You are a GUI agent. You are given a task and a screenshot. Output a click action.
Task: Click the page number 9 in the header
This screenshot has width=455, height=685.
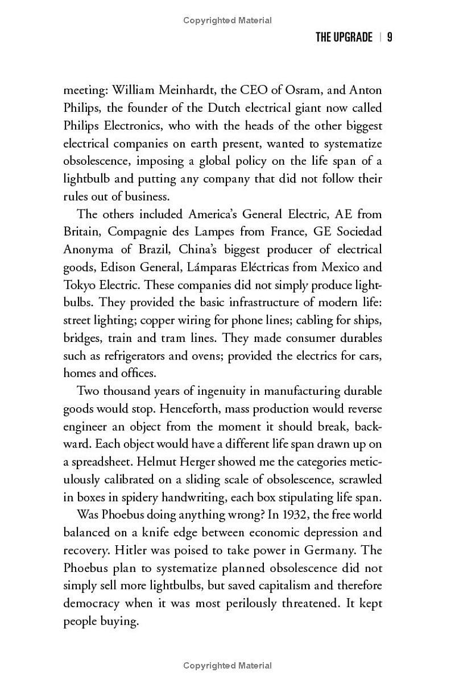click(390, 37)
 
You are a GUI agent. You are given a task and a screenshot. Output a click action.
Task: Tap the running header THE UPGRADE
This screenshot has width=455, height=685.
click(344, 37)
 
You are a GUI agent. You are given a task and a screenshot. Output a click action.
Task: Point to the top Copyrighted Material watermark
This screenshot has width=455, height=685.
click(227, 20)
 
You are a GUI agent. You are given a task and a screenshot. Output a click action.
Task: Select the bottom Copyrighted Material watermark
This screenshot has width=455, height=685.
click(227, 666)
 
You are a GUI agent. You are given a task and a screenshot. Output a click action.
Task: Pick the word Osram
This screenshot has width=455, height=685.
click(296, 90)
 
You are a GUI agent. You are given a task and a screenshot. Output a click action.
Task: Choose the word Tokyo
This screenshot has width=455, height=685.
click(78, 285)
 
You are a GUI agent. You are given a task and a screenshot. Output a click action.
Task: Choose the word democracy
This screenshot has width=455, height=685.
click(91, 603)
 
